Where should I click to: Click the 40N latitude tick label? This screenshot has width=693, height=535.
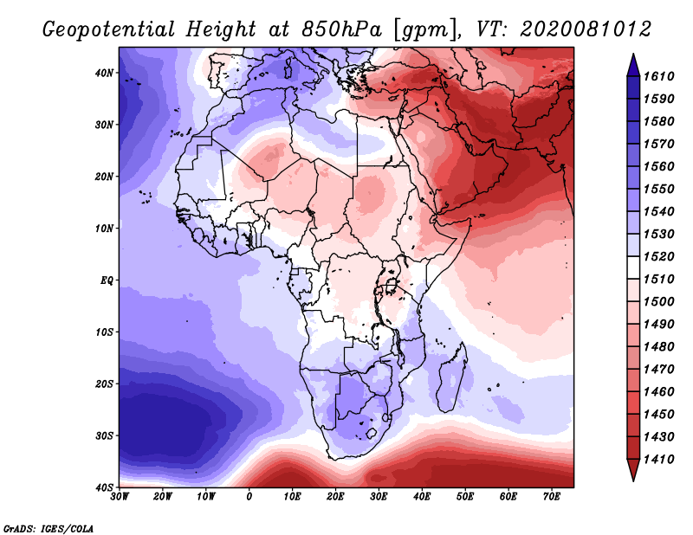coord(104,73)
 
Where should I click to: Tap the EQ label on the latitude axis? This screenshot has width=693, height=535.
coord(107,280)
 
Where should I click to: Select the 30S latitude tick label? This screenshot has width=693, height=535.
coord(104,436)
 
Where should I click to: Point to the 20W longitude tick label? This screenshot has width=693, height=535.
coord(163,497)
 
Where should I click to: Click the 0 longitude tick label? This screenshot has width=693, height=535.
coord(249,497)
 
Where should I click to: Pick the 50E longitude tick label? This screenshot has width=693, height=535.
coord(465,497)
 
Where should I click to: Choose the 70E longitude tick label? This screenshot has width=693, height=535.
coord(551,497)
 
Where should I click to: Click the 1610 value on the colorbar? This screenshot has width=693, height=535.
coord(658,76)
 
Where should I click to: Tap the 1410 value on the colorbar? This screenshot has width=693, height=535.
coord(658,460)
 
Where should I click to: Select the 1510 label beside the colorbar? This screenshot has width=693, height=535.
coord(658,280)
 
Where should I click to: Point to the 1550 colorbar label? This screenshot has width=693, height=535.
coord(658,189)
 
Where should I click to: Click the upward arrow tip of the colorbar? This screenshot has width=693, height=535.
coord(633,55)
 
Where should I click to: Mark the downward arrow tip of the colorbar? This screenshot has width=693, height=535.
coord(633,480)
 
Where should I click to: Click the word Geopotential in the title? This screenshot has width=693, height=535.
coord(109,30)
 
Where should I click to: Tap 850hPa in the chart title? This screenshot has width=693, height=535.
coord(342,29)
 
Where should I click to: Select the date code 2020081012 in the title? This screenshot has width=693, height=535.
coord(586,29)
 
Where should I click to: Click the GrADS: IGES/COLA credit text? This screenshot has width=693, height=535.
coord(49,528)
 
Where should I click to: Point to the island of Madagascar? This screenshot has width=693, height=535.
coord(451,381)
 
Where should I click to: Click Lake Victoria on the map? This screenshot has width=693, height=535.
coord(391,286)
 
